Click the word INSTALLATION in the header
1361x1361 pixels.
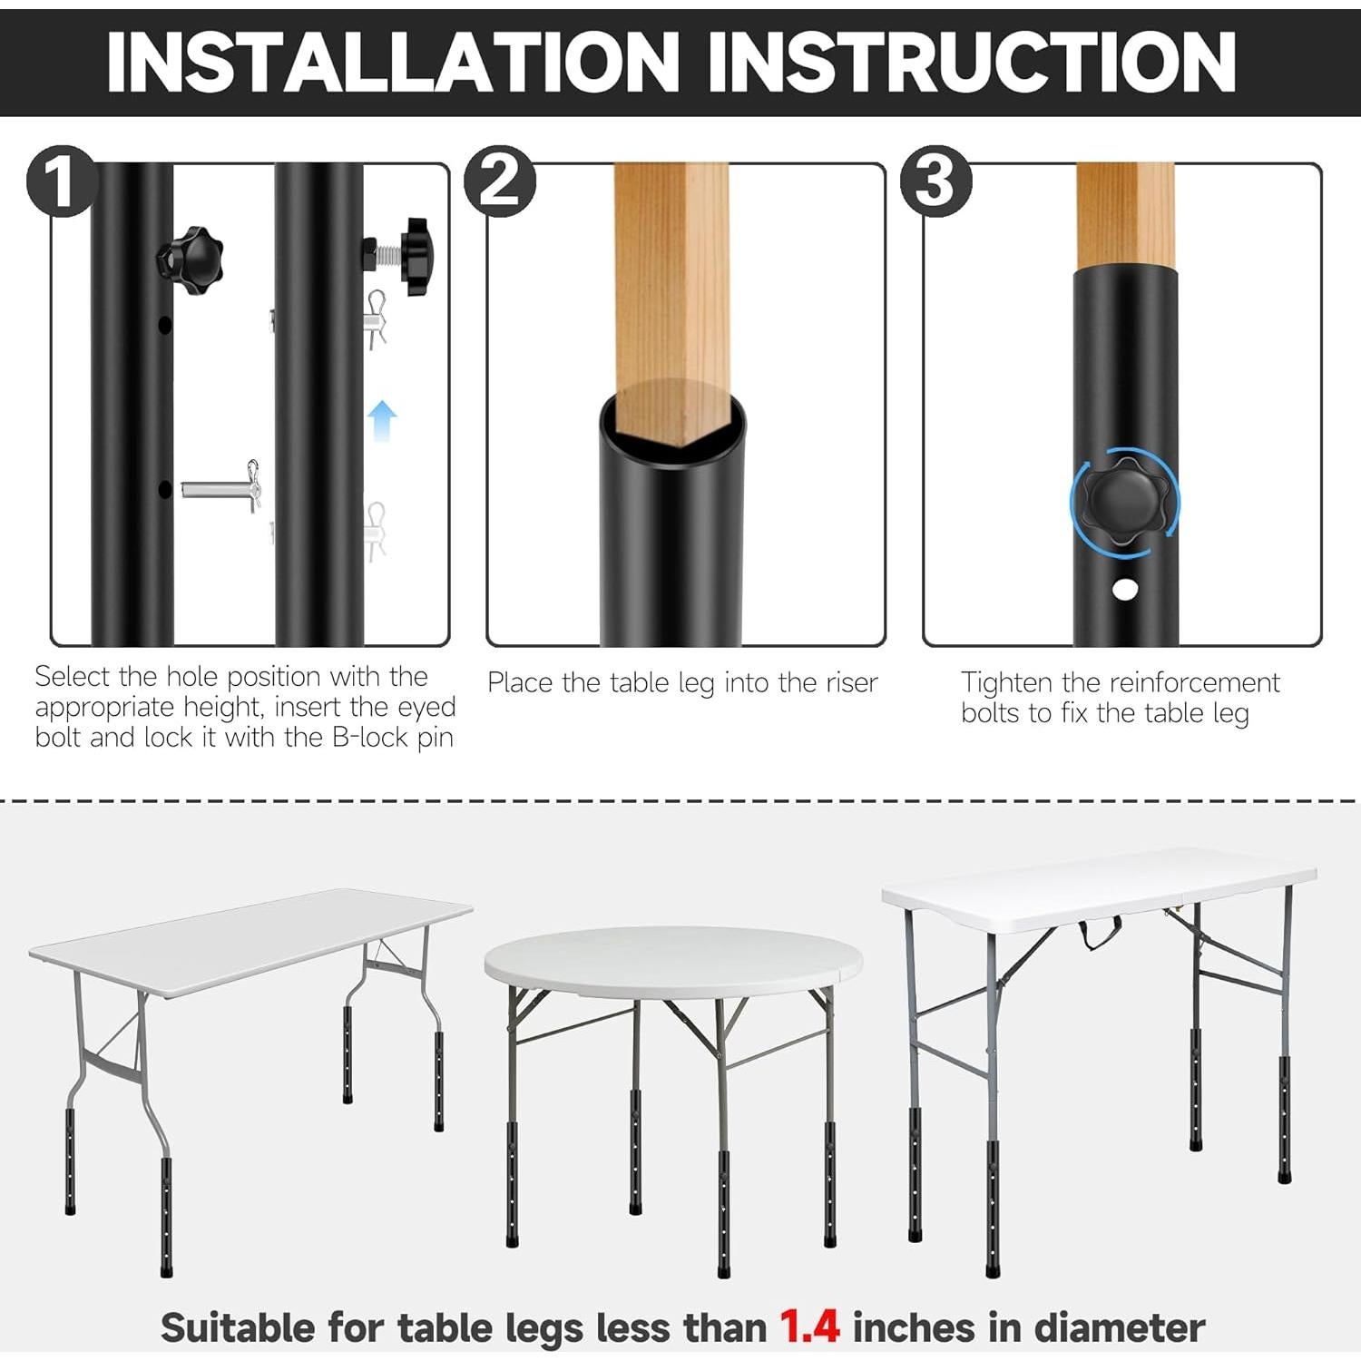point(393,62)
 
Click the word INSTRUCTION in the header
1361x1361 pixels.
point(971,62)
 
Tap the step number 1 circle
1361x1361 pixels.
point(60,181)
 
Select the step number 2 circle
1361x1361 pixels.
point(499,181)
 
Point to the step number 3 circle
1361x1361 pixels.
point(935,181)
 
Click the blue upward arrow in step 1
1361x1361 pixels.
point(383,420)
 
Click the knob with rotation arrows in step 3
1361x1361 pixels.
point(1124,502)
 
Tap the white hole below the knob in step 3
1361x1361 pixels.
point(1124,590)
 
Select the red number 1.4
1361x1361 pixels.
point(809,1327)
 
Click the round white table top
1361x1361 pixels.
point(672,960)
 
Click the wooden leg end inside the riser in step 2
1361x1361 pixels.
point(671,413)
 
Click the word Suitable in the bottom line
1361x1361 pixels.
point(238,1327)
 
